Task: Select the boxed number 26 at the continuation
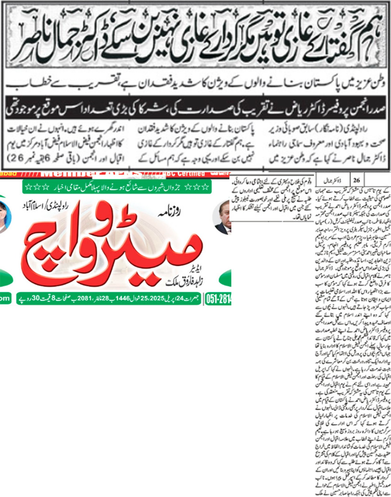click(356, 180)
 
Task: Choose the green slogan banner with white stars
click(117, 188)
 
